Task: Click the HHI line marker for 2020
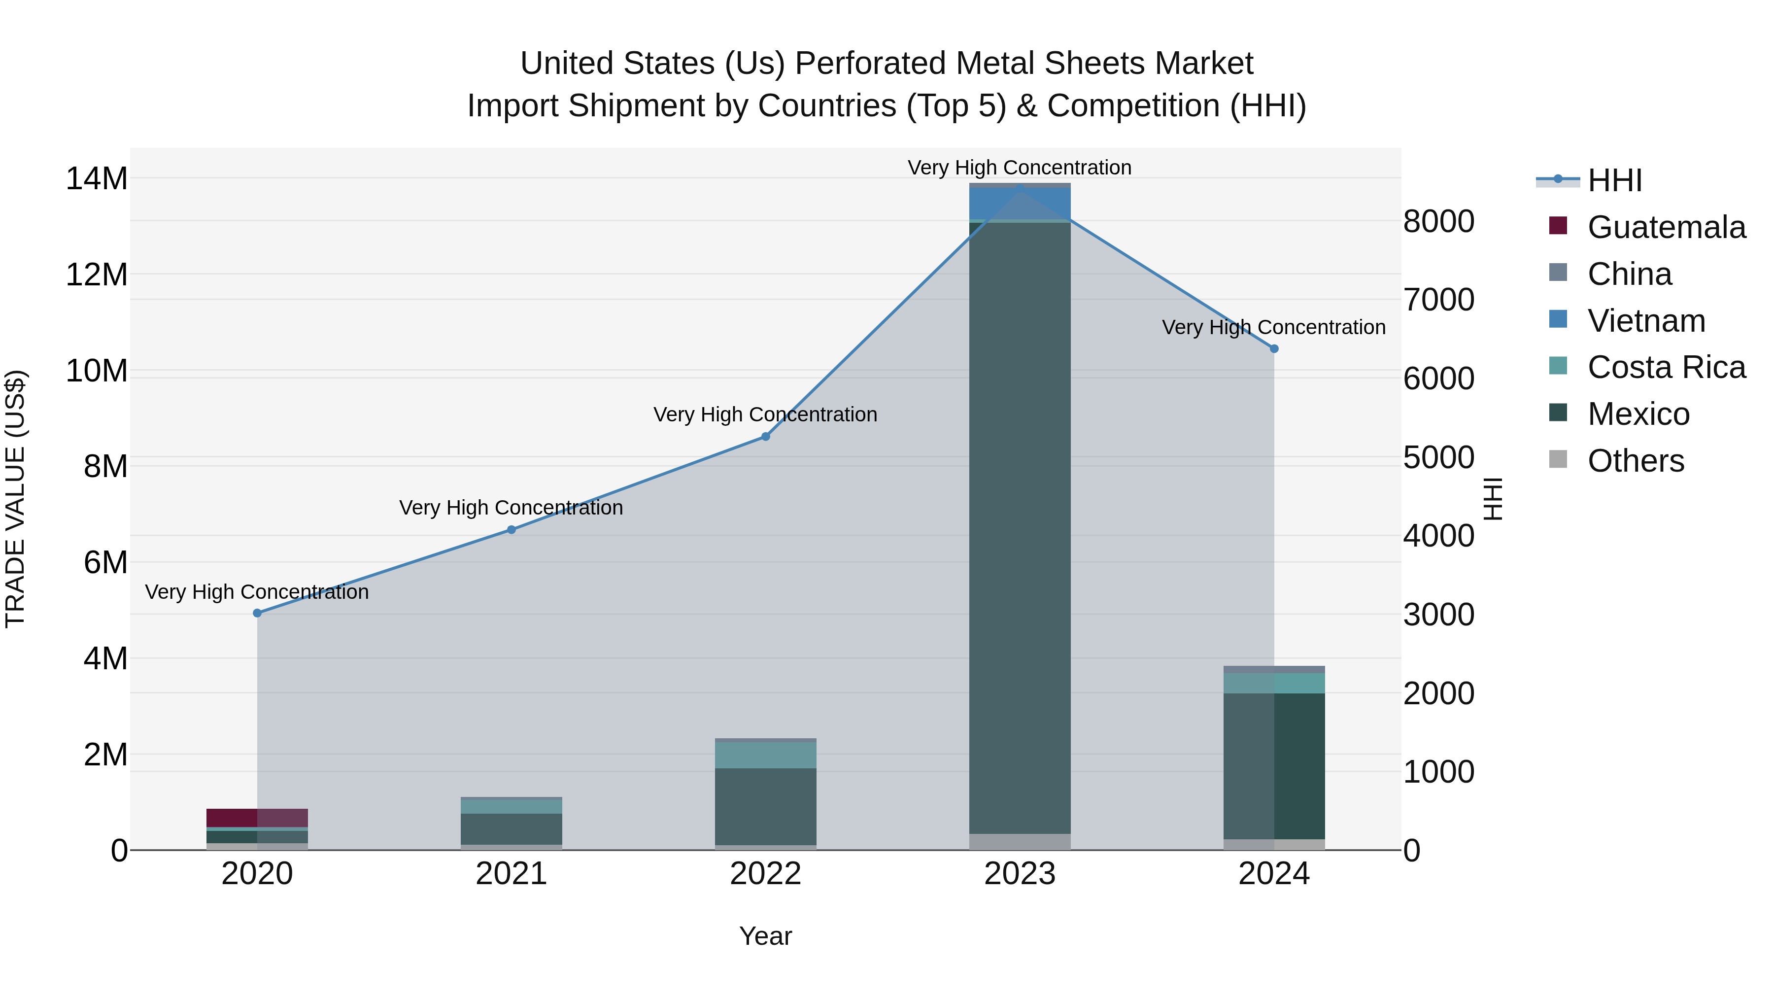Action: (257, 613)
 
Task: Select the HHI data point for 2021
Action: (511, 530)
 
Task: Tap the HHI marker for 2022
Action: (765, 437)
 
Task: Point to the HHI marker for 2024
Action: (1274, 349)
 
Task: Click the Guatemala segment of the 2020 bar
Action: (257, 818)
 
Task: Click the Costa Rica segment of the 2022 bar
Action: (765, 755)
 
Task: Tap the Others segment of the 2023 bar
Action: (1020, 842)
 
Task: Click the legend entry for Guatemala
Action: (1666, 227)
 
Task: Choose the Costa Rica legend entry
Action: (1666, 367)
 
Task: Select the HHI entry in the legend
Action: (1614, 180)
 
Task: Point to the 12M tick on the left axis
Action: (97, 275)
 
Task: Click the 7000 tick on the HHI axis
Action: (1438, 300)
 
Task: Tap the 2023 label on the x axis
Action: (1020, 874)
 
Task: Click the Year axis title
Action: (765, 936)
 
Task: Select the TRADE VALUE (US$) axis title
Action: (15, 499)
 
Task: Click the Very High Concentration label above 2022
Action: (765, 414)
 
